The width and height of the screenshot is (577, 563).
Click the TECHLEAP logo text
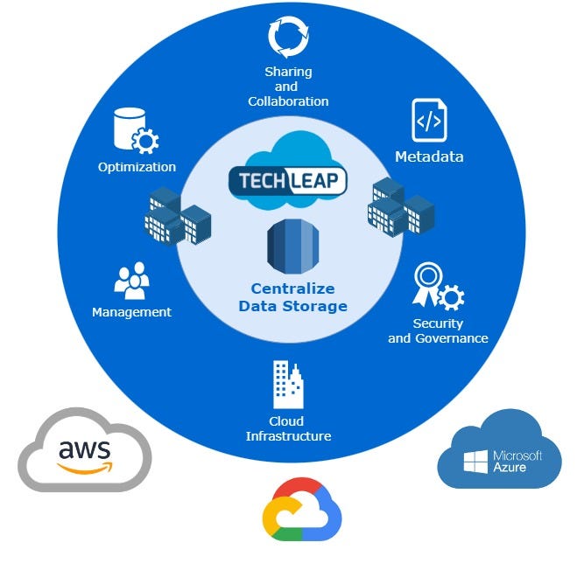tap(288, 181)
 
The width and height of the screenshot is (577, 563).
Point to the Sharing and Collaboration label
tap(288, 87)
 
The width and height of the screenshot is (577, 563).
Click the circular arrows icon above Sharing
tap(287, 38)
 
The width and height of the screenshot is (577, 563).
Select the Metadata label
tap(429, 157)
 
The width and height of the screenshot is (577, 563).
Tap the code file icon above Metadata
tap(428, 121)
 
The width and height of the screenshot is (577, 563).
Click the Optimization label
tap(137, 167)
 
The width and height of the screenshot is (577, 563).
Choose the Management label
tap(131, 312)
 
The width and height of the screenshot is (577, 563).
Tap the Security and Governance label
tap(438, 331)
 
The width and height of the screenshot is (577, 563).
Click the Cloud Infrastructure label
tap(288, 428)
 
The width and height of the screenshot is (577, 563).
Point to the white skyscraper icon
tap(288, 384)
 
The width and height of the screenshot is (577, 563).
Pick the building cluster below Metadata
tap(401, 206)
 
